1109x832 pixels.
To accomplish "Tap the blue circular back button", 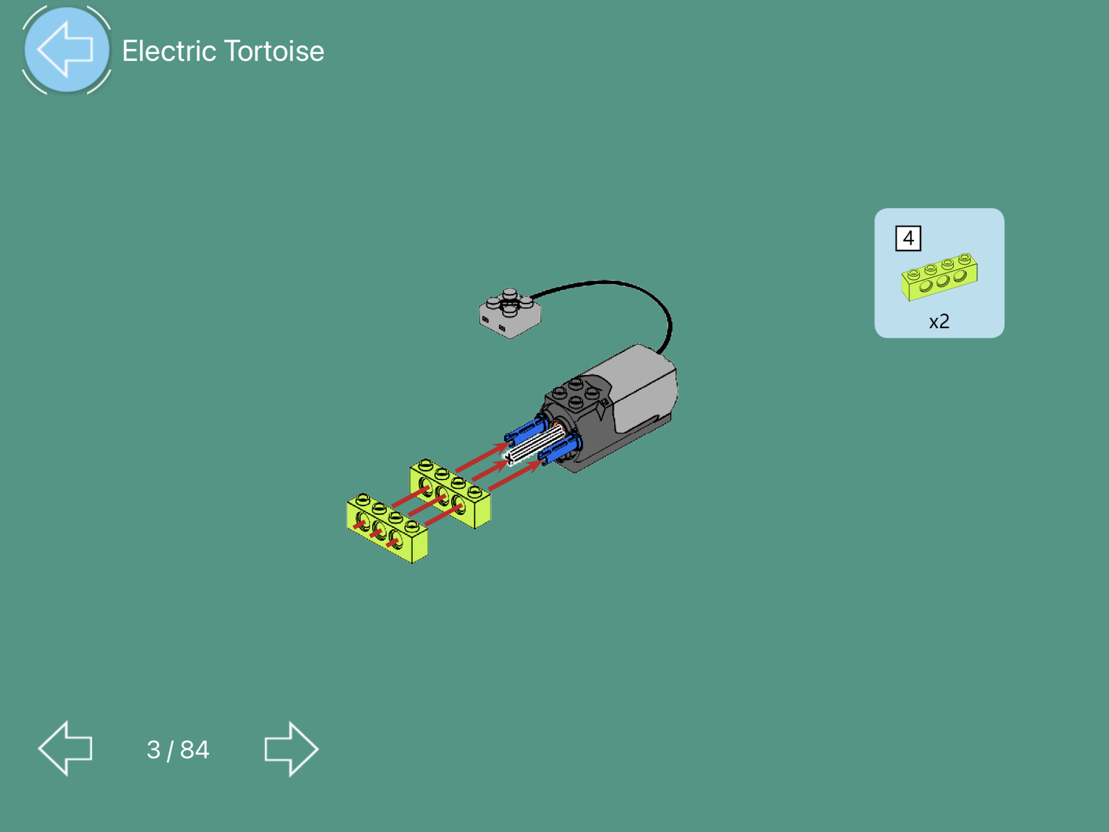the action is (x=67, y=49).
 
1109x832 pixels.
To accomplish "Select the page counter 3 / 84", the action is (x=178, y=750).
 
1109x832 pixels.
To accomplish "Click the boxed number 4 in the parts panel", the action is (x=908, y=238).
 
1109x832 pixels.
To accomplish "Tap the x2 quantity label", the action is (x=939, y=321).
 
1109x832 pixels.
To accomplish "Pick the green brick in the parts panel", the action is (x=939, y=277).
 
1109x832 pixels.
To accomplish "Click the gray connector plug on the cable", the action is (x=510, y=313).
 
